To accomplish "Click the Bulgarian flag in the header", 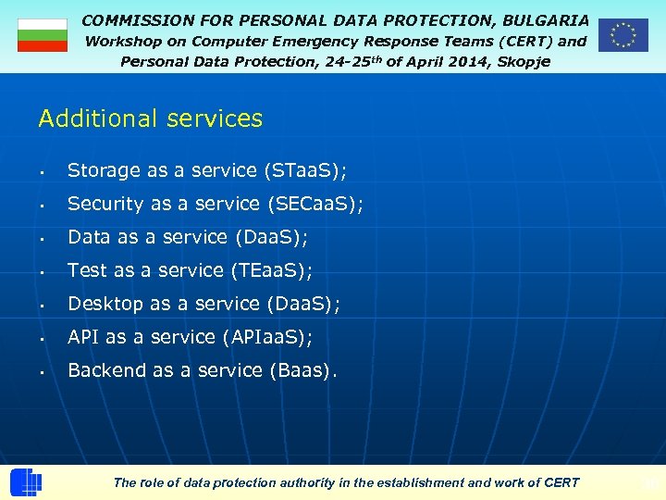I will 43,35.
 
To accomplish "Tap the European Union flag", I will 623,35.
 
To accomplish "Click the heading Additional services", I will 151,119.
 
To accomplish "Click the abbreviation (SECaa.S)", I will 314,204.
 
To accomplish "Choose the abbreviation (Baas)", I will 303,370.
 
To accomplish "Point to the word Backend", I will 107,370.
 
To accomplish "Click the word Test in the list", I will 88,270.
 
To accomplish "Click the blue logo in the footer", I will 26,482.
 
